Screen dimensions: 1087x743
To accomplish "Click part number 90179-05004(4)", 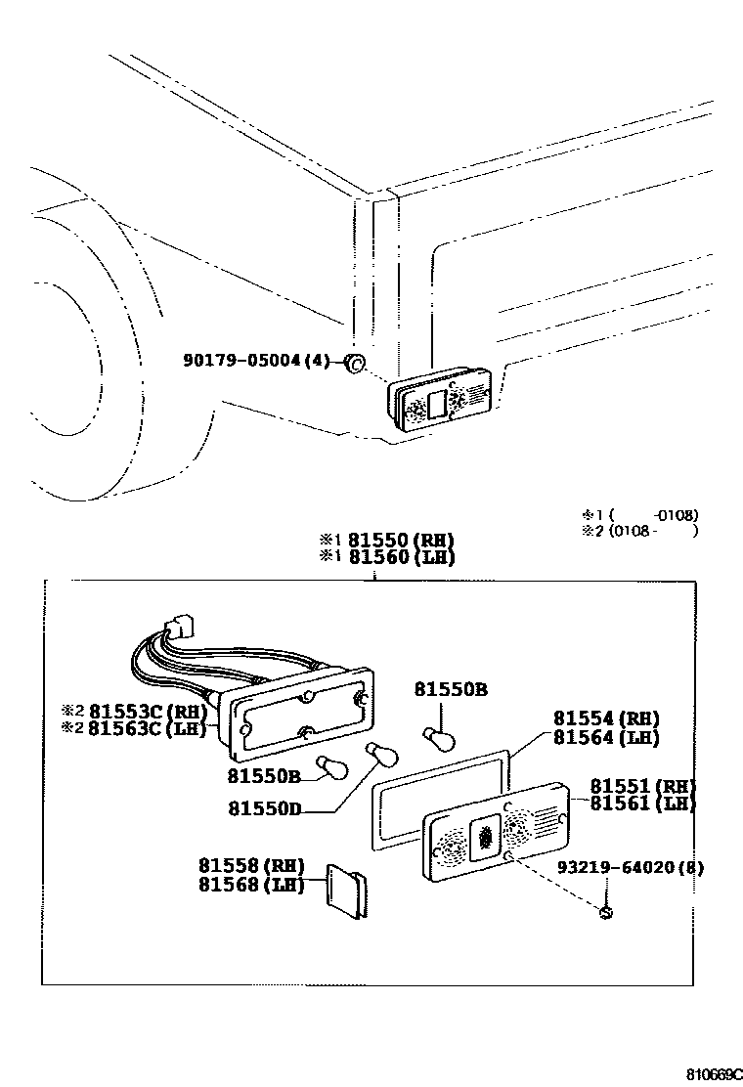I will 257,361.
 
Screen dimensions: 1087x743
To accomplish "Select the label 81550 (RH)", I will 402,540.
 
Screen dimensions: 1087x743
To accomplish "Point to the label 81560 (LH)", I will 402,558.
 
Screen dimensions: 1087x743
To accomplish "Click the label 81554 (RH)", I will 606,718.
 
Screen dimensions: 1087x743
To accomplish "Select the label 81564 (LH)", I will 606,738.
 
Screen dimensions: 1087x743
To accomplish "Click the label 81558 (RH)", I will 251,865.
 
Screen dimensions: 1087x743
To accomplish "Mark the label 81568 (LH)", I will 251,885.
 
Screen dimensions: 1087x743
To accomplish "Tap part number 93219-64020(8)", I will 631,867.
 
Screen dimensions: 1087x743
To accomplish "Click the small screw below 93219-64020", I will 606,913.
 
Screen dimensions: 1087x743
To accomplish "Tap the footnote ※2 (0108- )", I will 639,532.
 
